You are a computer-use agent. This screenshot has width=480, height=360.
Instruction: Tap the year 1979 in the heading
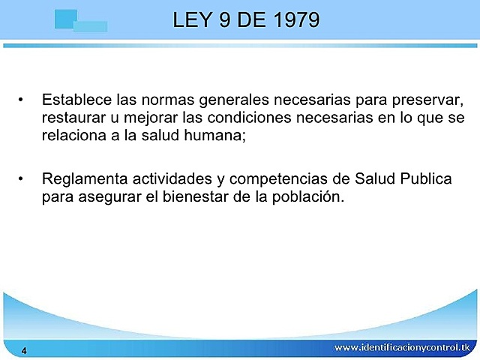pos(293,19)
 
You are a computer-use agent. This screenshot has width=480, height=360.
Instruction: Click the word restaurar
pos(73,118)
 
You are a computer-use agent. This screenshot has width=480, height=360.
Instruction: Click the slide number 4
pos(25,351)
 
